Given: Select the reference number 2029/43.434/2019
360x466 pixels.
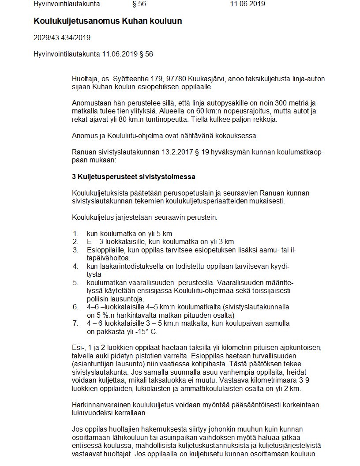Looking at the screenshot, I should click(62, 38).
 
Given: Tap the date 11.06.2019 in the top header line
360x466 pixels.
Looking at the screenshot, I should click(247, 4).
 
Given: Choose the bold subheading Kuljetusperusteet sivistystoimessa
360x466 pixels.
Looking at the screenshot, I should click(136, 177).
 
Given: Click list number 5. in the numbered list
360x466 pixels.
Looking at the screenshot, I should click(75, 282).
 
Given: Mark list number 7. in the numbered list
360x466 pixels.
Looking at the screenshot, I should click(75, 323).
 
